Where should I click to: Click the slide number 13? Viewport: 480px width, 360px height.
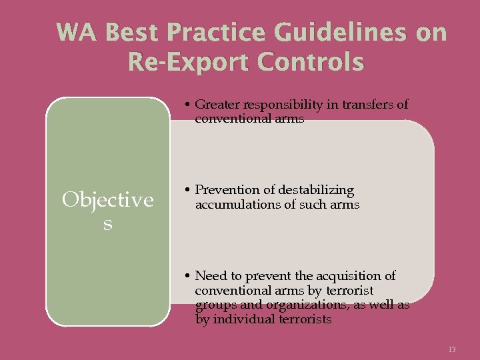click(452, 349)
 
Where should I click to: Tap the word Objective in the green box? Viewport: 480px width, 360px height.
click(107, 200)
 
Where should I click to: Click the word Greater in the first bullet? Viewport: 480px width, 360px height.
click(217, 105)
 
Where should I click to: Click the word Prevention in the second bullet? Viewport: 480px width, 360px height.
click(226, 191)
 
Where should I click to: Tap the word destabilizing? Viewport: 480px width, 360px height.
click(315, 191)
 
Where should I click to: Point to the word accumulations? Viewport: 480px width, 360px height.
click(236, 205)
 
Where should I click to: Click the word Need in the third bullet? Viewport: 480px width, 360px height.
click(210, 276)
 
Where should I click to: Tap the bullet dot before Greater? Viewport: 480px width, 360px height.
click(189, 105)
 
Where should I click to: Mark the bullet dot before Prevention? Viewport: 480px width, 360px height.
click(189, 191)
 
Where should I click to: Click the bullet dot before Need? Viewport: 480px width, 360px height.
click(189, 276)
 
